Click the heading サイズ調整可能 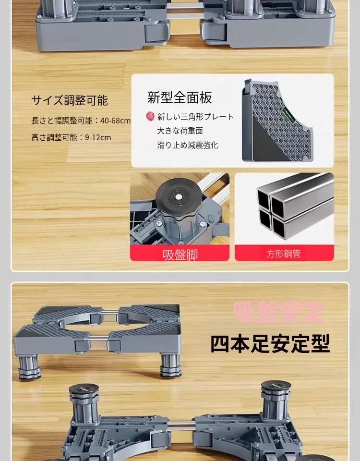pos(70,100)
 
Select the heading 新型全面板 pos(180,97)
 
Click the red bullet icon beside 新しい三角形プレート pos(150,116)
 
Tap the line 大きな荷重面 pos(180,131)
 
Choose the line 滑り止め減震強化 pos(188,145)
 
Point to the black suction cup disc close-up pos(179,196)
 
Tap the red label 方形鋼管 pos(284,254)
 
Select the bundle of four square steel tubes pos(295,206)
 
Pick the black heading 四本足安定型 pos(270,343)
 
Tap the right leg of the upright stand pos(170,365)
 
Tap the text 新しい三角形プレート pos(195,117)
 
